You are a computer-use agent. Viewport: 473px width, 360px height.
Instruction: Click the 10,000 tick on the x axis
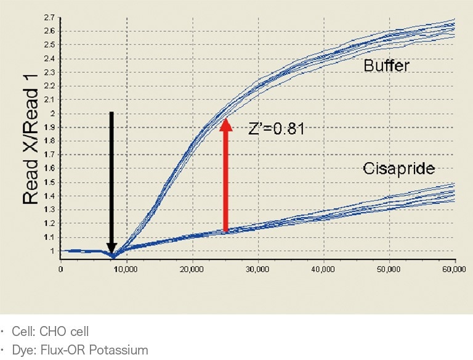coord(126,269)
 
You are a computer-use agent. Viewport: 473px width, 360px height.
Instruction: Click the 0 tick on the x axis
coord(60,269)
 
